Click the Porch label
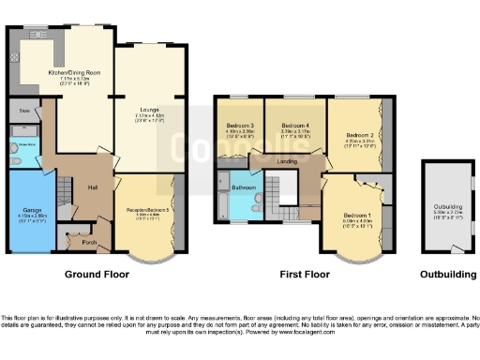(x=91, y=241)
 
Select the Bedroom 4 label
(x=294, y=125)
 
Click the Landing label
(x=288, y=161)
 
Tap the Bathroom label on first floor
(x=246, y=187)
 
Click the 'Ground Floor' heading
(x=96, y=276)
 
